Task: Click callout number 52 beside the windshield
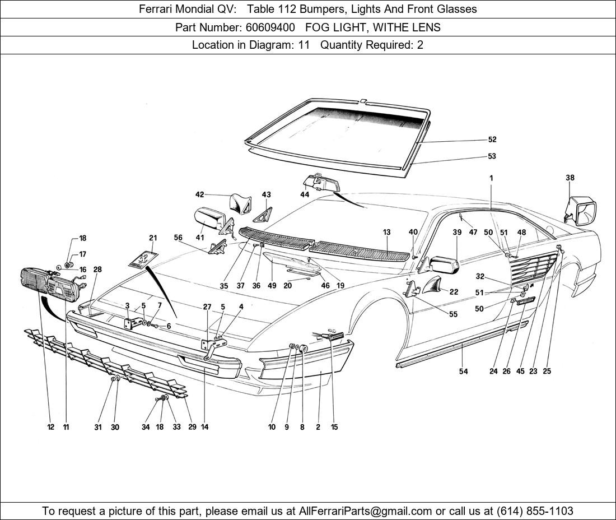coord(492,140)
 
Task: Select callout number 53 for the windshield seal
coord(492,156)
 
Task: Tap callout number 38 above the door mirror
coord(570,178)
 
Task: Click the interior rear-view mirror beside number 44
coord(322,183)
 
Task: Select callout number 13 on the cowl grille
coord(387,232)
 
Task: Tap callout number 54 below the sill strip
coord(463,371)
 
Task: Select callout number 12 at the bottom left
coord(51,427)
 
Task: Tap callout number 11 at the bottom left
coord(66,427)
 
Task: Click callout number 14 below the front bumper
coord(204,427)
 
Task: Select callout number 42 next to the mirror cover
coord(199,194)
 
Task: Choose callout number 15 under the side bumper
coord(334,427)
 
